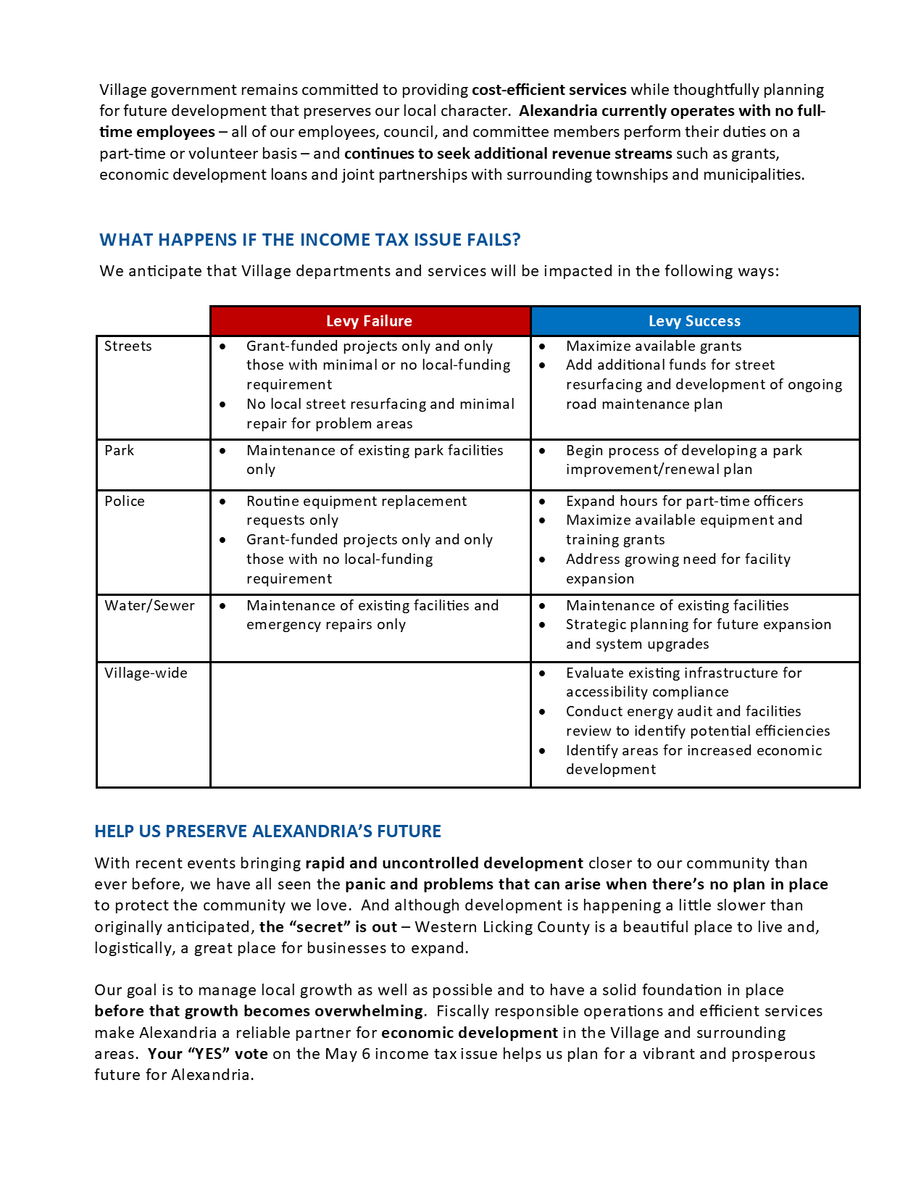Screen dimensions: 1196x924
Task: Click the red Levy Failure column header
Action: (370, 321)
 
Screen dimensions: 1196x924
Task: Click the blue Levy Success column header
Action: (694, 321)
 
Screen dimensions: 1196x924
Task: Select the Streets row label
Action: (128, 346)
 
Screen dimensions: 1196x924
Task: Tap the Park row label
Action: (120, 451)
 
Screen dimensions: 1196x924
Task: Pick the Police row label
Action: (125, 502)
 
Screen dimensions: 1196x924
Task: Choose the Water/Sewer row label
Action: (149, 606)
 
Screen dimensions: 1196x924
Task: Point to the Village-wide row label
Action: (146, 673)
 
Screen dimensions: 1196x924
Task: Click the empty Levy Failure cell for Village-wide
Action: (370, 724)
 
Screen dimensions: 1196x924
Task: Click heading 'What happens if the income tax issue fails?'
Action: (310, 240)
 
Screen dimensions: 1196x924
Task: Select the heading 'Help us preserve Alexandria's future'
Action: (267, 831)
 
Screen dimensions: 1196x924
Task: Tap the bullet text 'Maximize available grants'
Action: (654, 346)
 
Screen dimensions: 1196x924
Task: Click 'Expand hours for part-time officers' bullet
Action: (684, 502)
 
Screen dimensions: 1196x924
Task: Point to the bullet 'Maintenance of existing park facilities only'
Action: (375, 460)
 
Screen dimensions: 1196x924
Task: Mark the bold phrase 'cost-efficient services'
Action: (549, 90)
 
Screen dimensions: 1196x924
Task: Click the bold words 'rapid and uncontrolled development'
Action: (444, 863)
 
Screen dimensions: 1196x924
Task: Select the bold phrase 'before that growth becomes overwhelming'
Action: (259, 1011)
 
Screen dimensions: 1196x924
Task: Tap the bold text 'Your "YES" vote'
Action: (208, 1054)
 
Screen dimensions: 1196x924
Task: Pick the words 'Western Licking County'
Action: (501, 927)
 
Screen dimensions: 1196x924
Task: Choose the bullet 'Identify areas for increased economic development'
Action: (694, 760)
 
